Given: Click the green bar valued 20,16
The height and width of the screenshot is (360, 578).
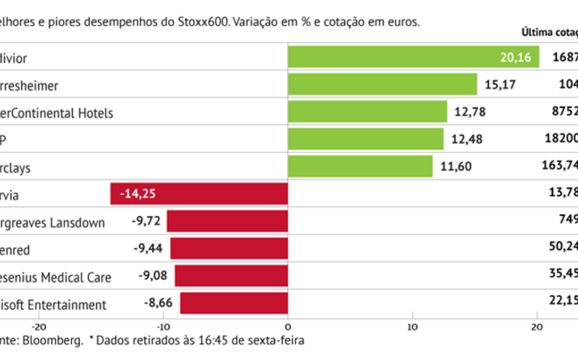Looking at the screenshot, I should tap(413, 57).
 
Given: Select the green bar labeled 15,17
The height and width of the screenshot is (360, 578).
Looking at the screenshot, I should tap(382, 84).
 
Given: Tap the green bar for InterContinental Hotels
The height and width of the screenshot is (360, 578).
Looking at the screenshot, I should tap(368, 112).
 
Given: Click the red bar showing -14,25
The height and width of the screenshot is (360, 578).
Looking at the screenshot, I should tap(200, 194).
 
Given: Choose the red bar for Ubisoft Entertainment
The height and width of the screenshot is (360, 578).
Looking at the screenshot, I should tap(234, 304).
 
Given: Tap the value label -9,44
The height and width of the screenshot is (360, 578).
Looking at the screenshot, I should tap(148, 249).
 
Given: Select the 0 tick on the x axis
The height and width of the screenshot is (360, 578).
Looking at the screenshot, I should tap(289, 327).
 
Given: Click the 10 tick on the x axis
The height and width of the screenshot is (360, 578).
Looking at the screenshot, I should tap(412, 327).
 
